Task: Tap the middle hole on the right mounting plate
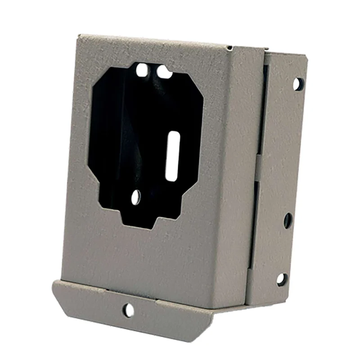pyautogui.click(x=288, y=220)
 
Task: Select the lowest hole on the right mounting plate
pyautogui.click(x=282, y=279)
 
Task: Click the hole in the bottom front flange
pyautogui.click(x=128, y=310)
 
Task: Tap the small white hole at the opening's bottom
pyautogui.click(x=136, y=196)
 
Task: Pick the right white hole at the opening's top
pyautogui.click(x=163, y=72)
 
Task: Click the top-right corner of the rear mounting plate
pyautogui.click(x=306, y=57)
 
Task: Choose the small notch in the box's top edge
pyautogui.click(x=230, y=47)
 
